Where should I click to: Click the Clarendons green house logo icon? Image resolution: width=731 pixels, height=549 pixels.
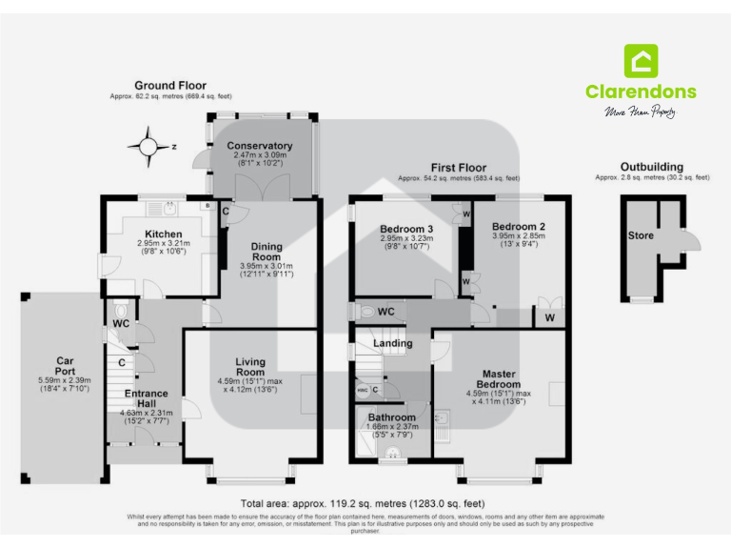[641, 61]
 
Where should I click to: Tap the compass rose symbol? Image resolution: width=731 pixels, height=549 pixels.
[148, 147]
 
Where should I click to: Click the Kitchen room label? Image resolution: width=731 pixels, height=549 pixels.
[163, 234]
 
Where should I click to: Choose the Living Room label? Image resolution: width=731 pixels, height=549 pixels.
[257, 367]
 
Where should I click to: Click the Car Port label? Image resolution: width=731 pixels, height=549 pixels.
[65, 367]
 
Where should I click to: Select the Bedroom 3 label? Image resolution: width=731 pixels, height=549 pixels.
[406, 229]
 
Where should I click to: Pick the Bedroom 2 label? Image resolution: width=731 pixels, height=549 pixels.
[518, 226]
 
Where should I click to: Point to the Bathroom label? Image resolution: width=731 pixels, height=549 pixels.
[392, 417]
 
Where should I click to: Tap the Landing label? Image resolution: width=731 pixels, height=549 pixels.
[392, 343]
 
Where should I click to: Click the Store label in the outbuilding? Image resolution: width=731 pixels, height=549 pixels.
[641, 234]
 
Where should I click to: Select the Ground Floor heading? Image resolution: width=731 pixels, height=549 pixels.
[169, 86]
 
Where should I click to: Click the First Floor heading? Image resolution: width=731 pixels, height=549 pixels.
[459, 167]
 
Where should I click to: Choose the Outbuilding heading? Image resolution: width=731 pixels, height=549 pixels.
[651, 167]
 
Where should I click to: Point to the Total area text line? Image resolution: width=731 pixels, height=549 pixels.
[363, 502]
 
